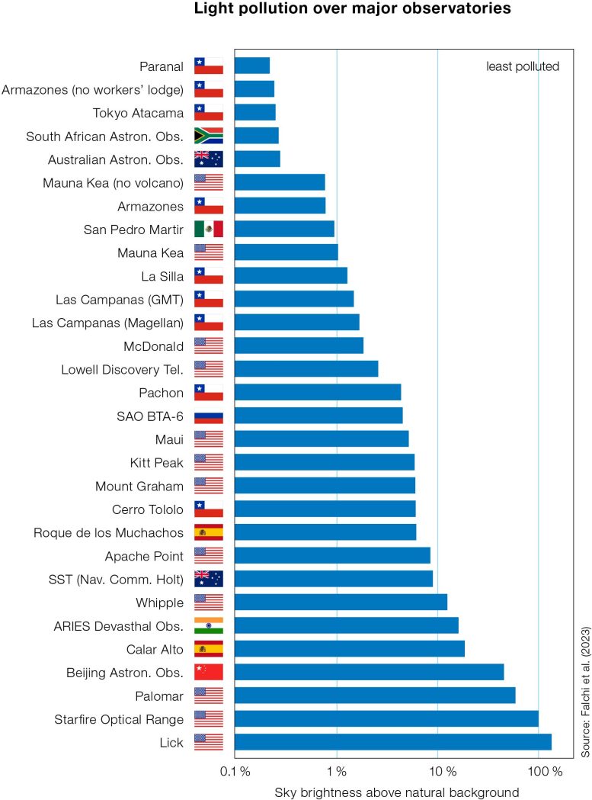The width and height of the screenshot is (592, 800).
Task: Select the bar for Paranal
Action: point(251,66)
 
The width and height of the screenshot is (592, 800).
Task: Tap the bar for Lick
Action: point(392,741)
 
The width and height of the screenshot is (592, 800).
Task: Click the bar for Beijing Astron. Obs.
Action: point(369,672)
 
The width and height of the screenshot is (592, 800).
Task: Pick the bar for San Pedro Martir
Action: point(284,229)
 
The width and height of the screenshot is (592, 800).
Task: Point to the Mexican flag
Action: point(209,229)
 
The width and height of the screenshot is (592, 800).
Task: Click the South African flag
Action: point(209,136)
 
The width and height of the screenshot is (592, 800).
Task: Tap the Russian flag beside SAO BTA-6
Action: point(209,416)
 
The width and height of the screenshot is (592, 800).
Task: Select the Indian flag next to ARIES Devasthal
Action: point(209,625)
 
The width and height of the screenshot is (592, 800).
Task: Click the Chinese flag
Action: point(209,672)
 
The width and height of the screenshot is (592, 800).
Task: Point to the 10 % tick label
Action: point(437,772)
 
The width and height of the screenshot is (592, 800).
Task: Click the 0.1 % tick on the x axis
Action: point(235,772)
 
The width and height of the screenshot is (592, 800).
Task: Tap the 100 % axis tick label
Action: point(539,772)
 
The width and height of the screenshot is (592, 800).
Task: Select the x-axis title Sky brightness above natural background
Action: point(397,792)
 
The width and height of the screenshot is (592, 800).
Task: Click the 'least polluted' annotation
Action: point(523,66)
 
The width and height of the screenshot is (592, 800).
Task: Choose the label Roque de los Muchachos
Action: point(108,532)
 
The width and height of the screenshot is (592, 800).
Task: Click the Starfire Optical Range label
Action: point(119,719)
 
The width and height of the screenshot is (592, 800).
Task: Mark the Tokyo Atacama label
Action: point(138,113)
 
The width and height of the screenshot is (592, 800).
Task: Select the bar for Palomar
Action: point(374,696)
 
